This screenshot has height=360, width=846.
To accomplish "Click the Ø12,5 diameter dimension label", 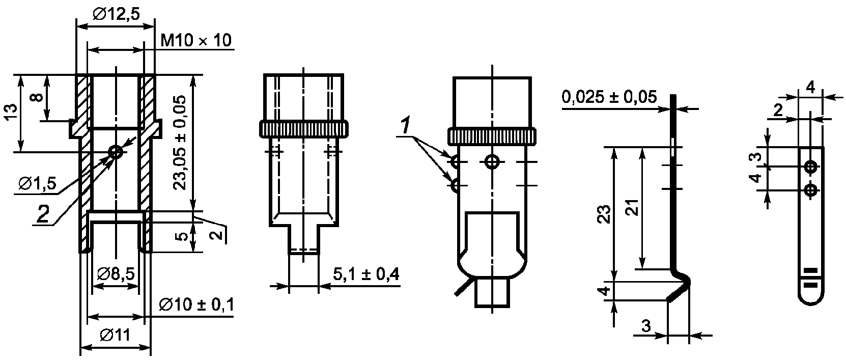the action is [x=117, y=14].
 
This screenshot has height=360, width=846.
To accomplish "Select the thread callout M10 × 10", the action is [x=195, y=40].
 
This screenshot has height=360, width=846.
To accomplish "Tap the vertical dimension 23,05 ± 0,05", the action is [x=180, y=143].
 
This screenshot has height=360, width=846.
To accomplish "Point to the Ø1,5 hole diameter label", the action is [x=37, y=184].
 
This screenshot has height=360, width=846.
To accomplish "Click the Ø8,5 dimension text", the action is [x=116, y=274].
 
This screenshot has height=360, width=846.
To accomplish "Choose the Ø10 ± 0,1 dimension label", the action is [x=196, y=304].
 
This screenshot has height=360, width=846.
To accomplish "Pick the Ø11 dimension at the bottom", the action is [x=115, y=335].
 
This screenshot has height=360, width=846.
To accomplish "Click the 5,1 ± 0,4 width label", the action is [x=366, y=274].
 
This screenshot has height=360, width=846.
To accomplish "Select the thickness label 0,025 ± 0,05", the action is [x=609, y=97].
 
